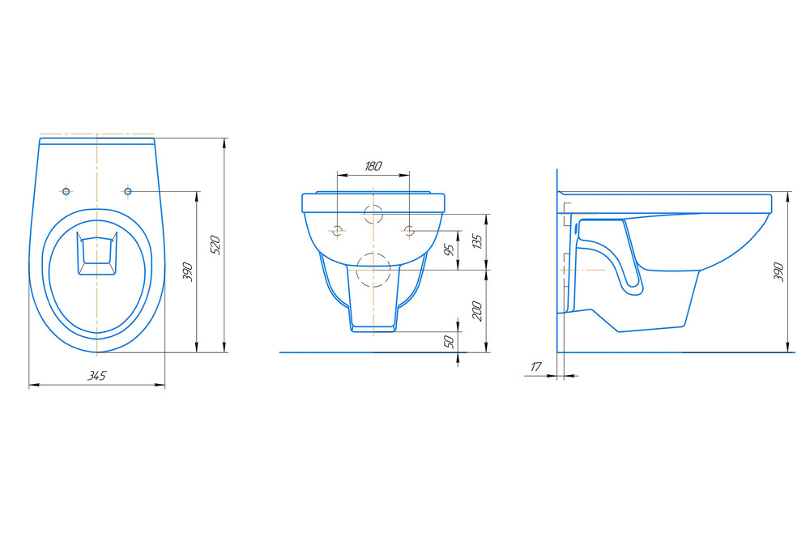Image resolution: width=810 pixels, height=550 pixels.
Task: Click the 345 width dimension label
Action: [96, 376]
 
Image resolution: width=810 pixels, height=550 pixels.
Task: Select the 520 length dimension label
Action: [216, 245]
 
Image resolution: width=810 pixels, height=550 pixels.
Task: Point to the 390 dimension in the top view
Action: [188, 271]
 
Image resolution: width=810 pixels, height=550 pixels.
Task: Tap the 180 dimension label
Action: [373, 166]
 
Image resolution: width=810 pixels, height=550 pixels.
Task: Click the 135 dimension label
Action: [477, 241]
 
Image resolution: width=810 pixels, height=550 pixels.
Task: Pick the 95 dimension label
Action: [450, 249]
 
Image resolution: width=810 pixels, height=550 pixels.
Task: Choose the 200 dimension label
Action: [477, 311]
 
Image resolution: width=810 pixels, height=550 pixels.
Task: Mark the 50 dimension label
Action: [450, 341]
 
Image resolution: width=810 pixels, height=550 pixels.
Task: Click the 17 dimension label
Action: [536, 367]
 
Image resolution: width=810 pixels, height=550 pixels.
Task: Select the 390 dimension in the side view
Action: [779, 271]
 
